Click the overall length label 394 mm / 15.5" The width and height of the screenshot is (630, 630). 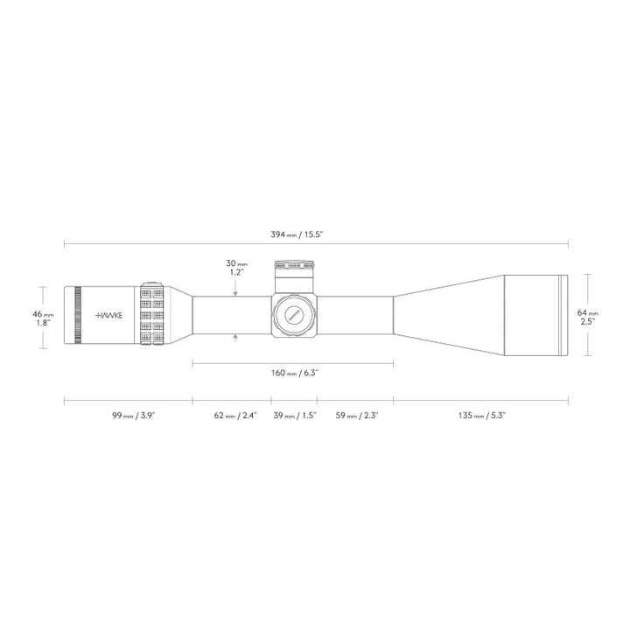point(316,235)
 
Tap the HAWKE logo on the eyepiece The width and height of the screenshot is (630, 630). point(109,314)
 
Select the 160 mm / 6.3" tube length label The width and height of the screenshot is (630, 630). point(293,373)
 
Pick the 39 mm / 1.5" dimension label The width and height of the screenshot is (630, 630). point(292,416)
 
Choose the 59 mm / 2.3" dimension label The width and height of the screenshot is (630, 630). point(353,416)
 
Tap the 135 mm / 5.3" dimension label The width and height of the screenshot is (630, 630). point(480,416)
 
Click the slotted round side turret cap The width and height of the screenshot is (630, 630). point(293,314)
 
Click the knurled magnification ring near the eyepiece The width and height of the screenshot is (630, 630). point(150,314)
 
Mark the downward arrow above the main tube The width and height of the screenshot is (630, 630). point(235,292)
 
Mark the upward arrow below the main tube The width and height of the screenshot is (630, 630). point(235,337)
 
